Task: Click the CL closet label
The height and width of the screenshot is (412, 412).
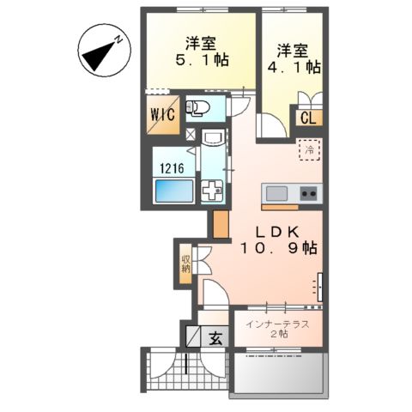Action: [x=307, y=118]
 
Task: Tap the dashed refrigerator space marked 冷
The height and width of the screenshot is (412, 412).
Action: [x=308, y=150]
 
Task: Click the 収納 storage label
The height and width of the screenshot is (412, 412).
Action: [x=185, y=264]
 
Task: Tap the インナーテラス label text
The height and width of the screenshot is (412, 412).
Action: [x=276, y=323]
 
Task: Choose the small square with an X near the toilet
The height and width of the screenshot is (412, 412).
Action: [x=191, y=135]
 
